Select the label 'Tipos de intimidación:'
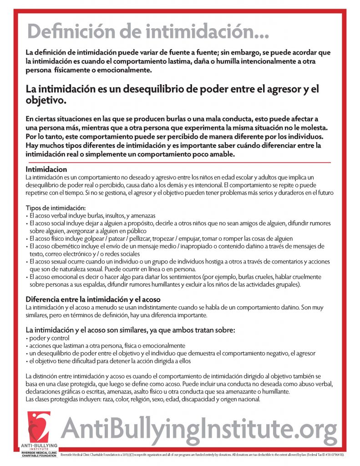click(52, 208)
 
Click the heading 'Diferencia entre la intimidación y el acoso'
click(93, 300)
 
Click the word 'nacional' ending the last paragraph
click(248, 400)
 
